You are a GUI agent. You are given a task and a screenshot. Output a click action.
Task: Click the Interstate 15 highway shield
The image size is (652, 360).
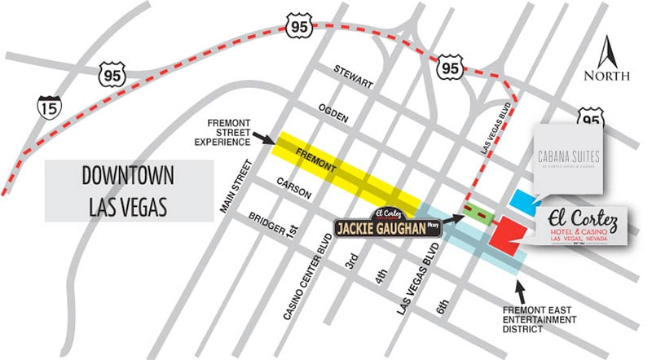point(47,106)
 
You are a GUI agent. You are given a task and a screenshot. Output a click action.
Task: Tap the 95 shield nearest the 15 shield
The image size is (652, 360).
point(112,75)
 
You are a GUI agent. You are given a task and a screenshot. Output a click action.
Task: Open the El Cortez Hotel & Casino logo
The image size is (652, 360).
point(580,225)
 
